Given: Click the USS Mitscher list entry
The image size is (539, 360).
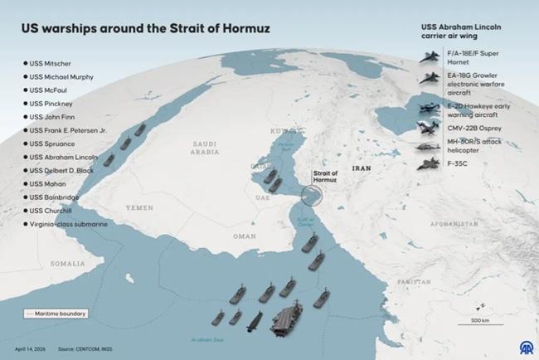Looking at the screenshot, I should [51, 63].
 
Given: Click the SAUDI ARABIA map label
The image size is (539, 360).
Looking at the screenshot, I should [203, 146].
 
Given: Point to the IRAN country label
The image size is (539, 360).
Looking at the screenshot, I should [362, 167].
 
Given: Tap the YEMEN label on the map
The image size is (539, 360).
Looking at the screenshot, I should [140, 206].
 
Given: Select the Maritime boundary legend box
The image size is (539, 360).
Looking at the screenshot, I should [56, 314].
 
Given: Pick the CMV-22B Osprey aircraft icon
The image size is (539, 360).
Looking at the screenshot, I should [430, 128].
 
